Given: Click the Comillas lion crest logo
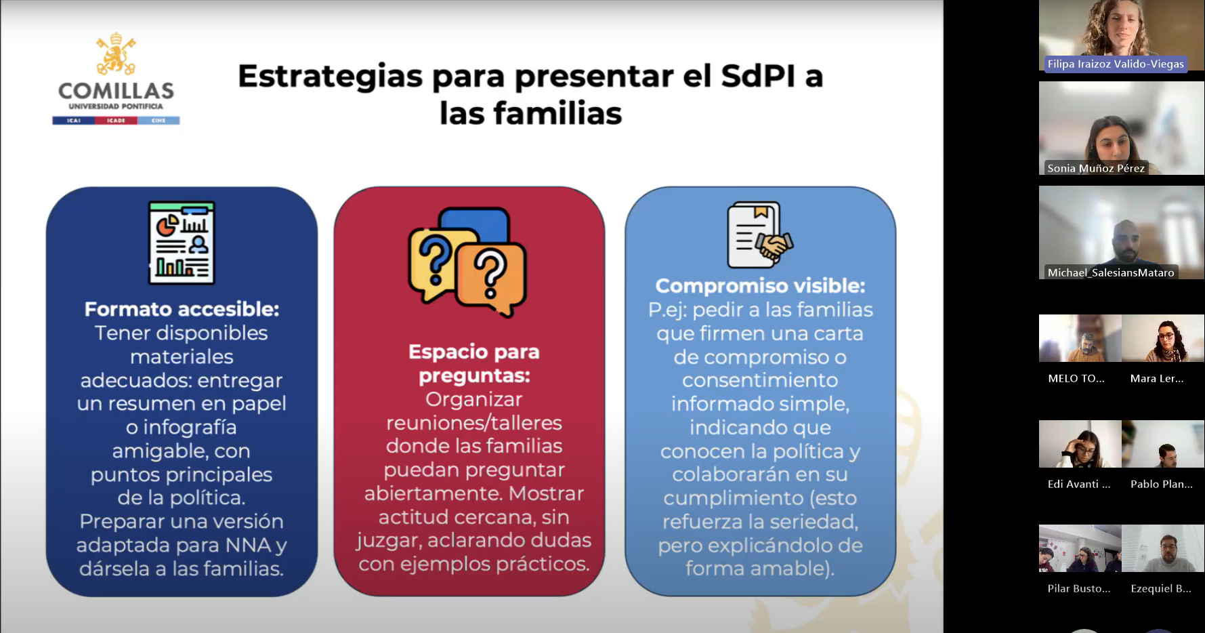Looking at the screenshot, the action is pos(116,54).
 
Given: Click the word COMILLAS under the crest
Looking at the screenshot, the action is pos(116,91).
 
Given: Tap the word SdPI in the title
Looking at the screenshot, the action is pos(758,76).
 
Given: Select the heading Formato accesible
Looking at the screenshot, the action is pos(182,309).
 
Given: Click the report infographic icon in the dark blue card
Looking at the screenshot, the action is pos(182,243).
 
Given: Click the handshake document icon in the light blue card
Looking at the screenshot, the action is pos(760,234).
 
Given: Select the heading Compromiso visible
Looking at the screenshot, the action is pos(760,286).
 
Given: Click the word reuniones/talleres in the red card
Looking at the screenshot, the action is pos(474,423).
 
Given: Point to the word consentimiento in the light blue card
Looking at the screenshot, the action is pos(760,380).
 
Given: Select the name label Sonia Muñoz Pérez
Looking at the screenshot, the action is pos(1096,168).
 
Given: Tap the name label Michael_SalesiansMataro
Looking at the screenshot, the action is pos(1111,272).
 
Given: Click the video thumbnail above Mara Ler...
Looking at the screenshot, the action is pos(1163,338).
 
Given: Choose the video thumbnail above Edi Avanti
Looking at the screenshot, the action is pos(1080,444).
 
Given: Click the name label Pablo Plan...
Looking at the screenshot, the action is pos(1162,484).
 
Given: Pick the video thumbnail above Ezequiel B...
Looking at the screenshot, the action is pos(1163,548).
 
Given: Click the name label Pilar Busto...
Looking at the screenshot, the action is pos(1079,588).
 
